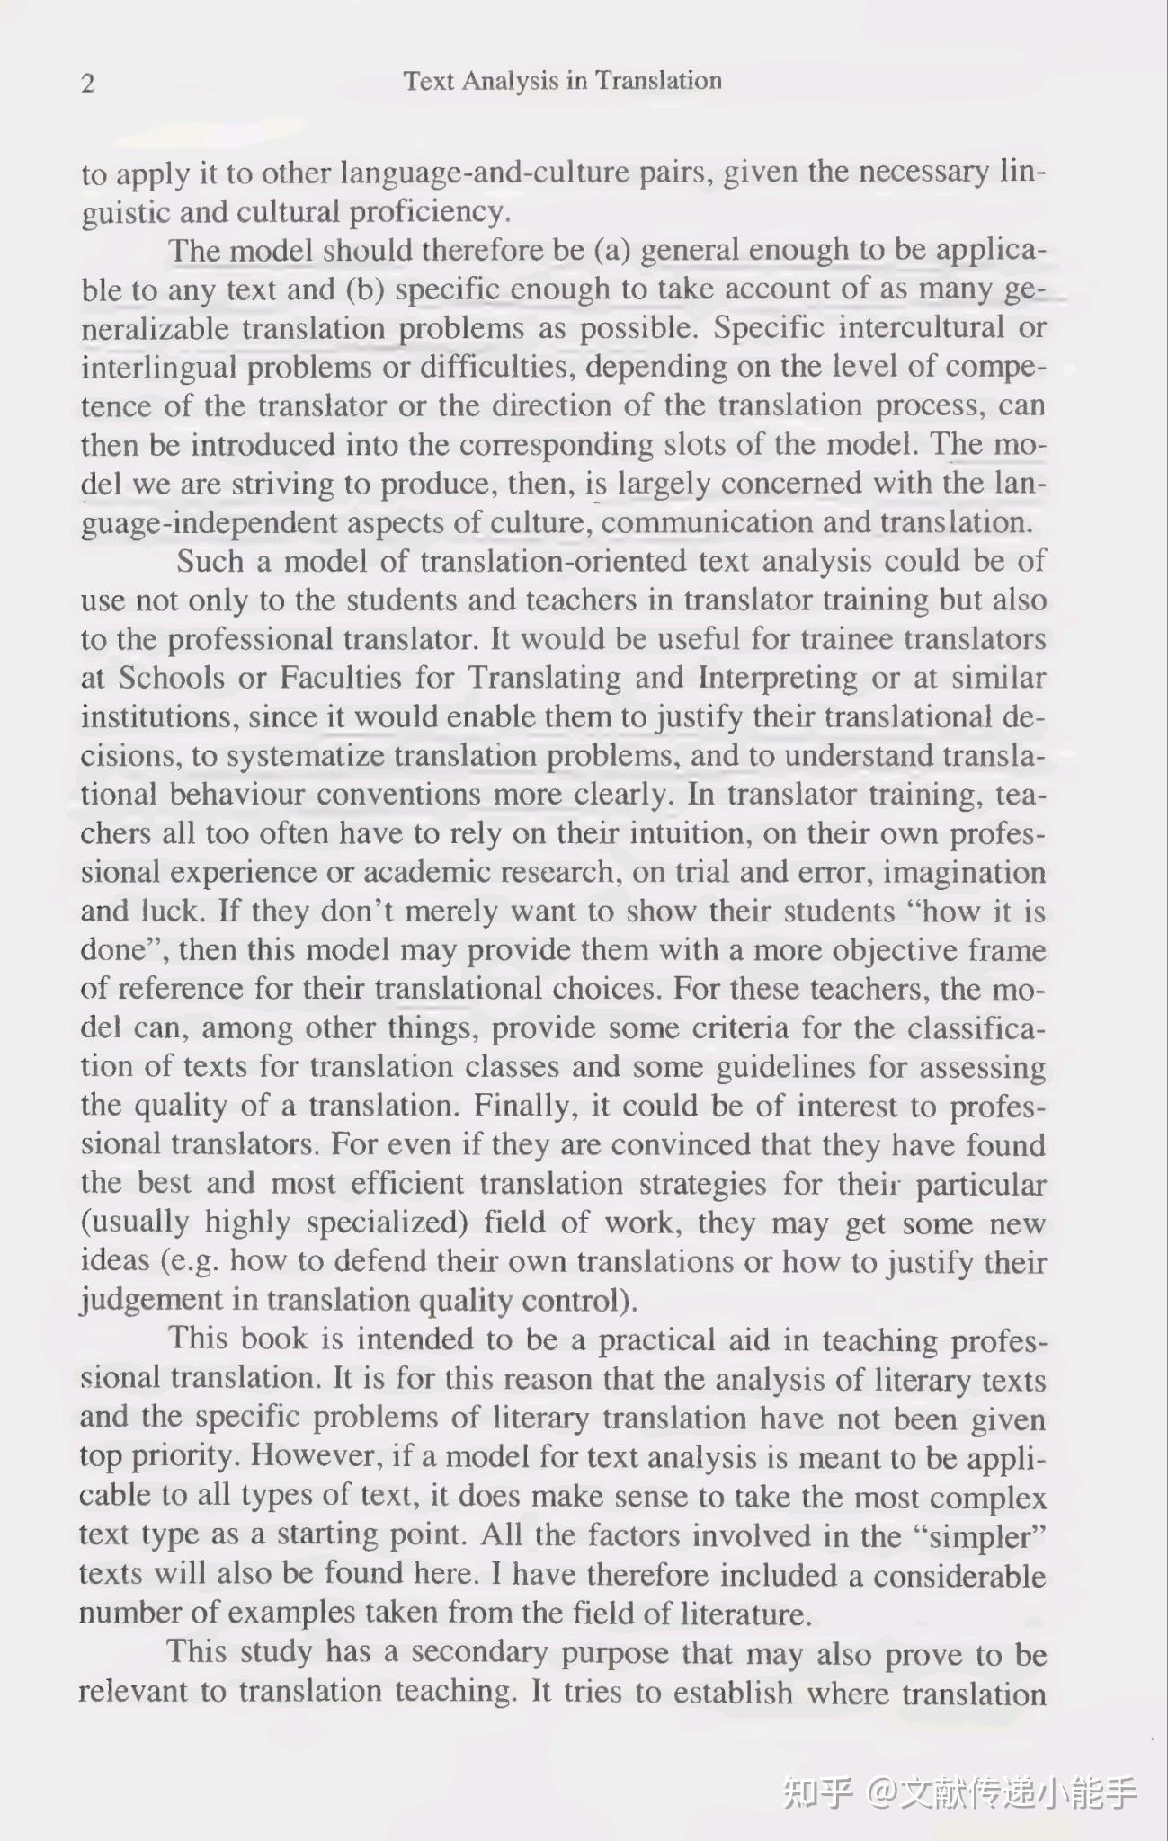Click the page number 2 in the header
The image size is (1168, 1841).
(x=87, y=84)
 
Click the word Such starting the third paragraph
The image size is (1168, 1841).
(x=210, y=562)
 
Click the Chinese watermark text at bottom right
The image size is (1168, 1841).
(x=959, y=1792)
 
